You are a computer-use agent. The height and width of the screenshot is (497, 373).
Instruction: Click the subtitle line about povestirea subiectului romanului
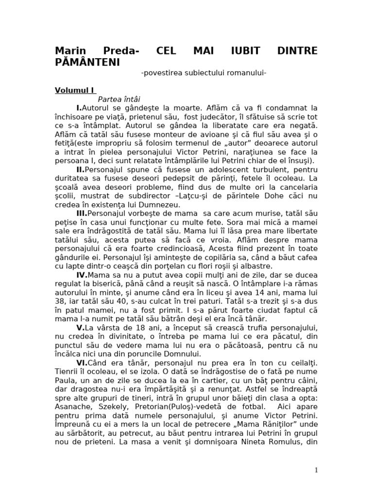tap(204, 73)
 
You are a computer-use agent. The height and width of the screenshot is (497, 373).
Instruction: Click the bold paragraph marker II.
tap(81, 169)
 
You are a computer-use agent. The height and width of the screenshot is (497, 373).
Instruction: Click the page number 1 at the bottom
tap(316, 469)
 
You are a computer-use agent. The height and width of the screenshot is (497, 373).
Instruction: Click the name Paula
tap(65, 380)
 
